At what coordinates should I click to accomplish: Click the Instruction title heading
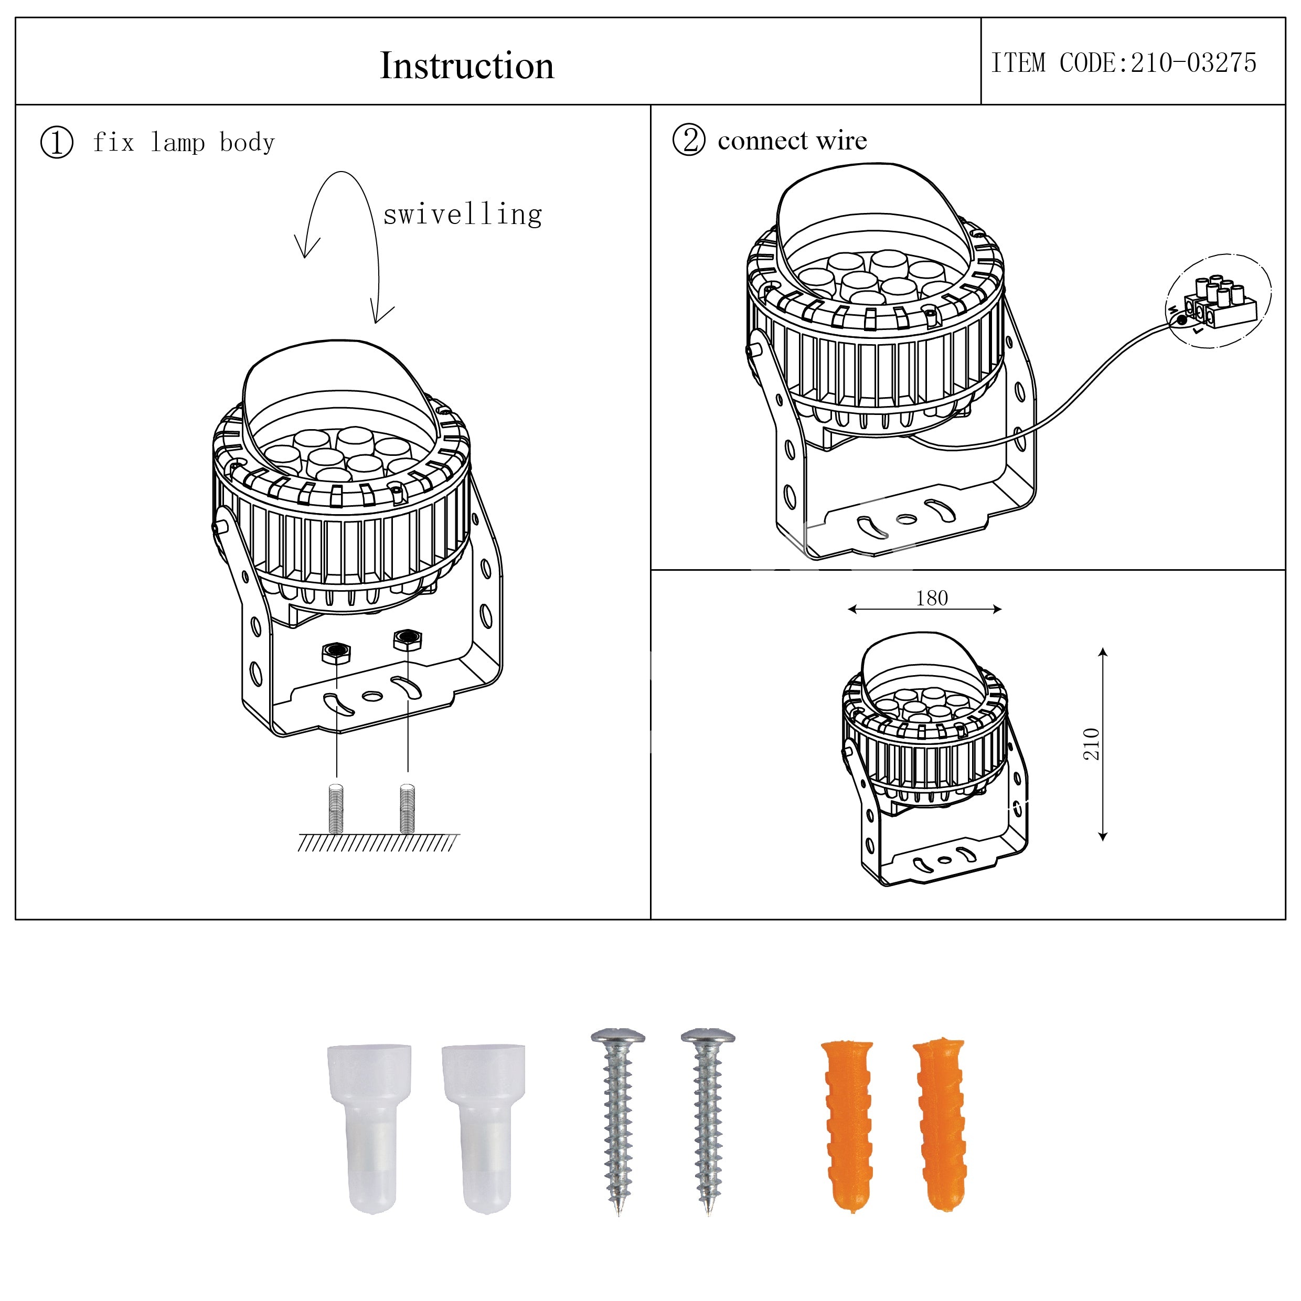tap(467, 66)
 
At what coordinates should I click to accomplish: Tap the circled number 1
tap(57, 143)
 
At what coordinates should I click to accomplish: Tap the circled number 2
tap(689, 140)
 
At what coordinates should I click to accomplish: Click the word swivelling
tap(463, 215)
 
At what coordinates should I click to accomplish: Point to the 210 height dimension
tap(1091, 744)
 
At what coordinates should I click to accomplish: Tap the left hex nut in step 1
tap(336, 652)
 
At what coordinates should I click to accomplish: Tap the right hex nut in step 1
tap(408, 638)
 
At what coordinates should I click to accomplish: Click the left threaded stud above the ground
tap(336, 808)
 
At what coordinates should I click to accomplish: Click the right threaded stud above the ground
tap(408, 808)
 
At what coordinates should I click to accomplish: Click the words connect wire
tap(793, 141)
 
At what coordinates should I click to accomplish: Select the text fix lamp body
tap(184, 143)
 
